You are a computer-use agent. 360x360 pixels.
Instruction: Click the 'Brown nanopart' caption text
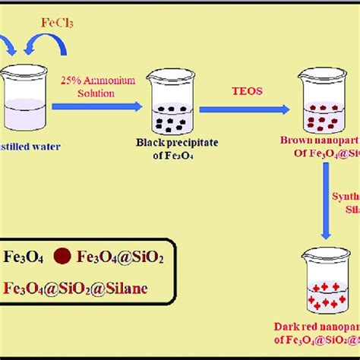pyautogui.click(x=319, y=141)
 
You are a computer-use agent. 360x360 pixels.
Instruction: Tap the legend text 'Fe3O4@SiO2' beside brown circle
pyautogui.click(x=117, y=257)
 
